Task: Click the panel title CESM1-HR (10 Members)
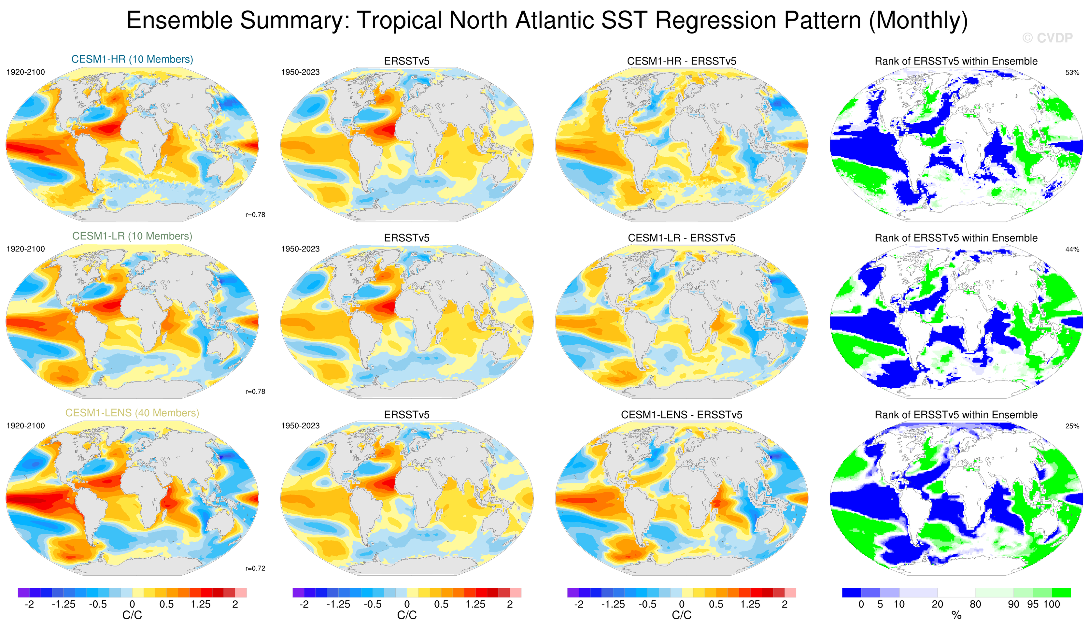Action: (132, 59)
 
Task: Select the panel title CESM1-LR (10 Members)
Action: (132, 236)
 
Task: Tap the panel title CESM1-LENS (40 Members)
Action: (132, 413)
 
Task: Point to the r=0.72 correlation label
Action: (255, 568)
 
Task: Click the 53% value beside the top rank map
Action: (1072, 73)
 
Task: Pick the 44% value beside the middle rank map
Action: (1072, 250)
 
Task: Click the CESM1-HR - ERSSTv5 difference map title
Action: (682, 61)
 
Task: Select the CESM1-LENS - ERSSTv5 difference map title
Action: (682, 415)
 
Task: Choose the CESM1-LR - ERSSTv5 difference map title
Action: (682, 238)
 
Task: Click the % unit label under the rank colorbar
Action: (956, 615)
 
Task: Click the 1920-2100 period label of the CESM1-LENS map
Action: (25, 426)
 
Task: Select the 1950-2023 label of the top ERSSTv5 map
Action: (300, 72)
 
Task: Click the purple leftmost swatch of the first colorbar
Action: (23, 593)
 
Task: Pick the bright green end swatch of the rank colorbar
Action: (1061, 593)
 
